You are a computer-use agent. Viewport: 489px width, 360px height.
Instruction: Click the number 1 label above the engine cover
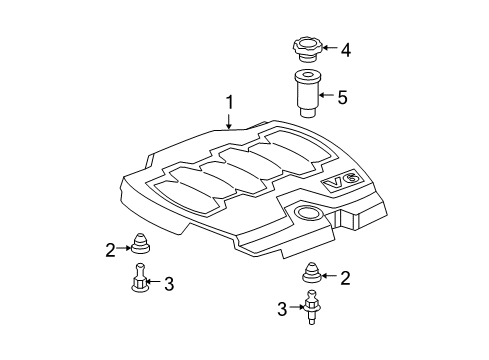229,102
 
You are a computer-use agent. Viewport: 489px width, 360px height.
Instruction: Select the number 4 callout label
345,48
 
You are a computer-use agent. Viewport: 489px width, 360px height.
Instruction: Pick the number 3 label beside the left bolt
168,284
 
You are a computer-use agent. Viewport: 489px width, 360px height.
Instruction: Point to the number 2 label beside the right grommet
346,277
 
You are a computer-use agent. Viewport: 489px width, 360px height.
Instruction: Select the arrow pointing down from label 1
229,122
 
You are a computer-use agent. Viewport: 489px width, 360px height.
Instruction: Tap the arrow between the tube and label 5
328,97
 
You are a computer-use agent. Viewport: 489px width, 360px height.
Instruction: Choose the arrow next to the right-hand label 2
332,277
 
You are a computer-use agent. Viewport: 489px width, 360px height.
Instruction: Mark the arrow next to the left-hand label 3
153,284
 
